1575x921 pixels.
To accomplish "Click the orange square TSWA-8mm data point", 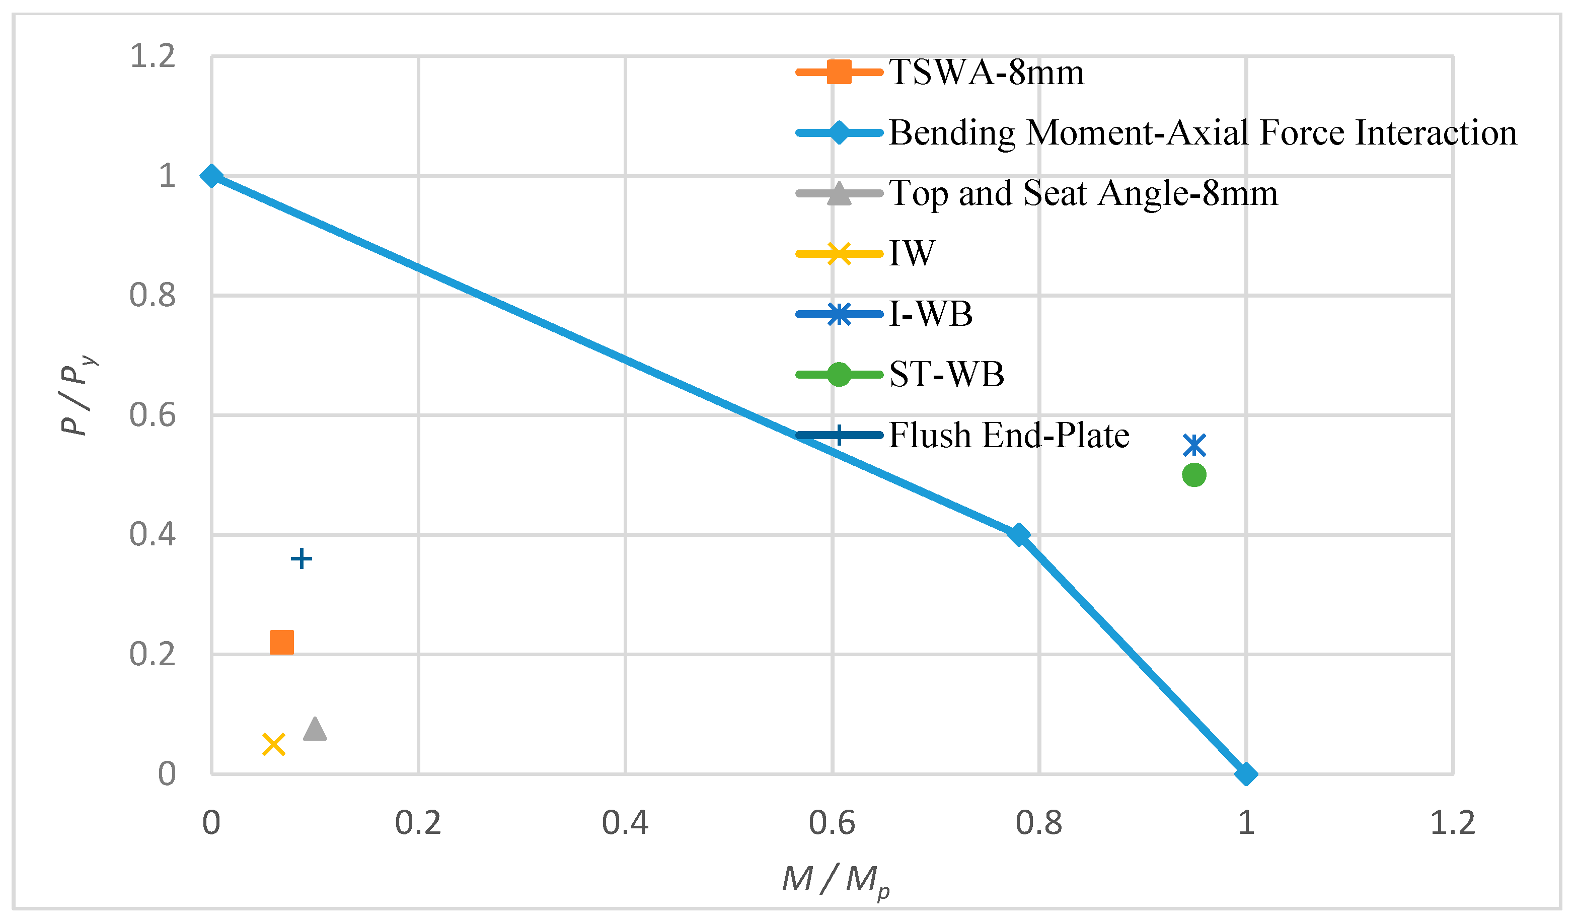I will (281, 642).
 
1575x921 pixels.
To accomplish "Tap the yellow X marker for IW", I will (274, 745).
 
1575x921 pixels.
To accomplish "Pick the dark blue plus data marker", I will (301, 558).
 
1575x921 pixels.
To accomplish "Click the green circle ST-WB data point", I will (1194, 475).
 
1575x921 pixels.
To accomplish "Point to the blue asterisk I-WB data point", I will (1194, 446).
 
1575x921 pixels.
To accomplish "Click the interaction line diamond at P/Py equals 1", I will (211, 176).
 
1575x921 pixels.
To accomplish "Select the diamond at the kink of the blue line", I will (1019, 535).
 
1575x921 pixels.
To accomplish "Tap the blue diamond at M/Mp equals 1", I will (1246, 774).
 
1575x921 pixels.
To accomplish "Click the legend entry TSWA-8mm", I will (986, 73).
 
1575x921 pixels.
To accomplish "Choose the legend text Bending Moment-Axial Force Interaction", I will (1202, 133).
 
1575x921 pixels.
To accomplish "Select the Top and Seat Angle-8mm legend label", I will (1083, 193).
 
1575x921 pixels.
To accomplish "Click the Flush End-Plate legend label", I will (1008, 435).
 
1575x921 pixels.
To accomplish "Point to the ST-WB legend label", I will (946, 375).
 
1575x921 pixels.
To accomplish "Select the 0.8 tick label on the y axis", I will (153, 295).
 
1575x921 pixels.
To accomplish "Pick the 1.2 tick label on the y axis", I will (153, 56).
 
